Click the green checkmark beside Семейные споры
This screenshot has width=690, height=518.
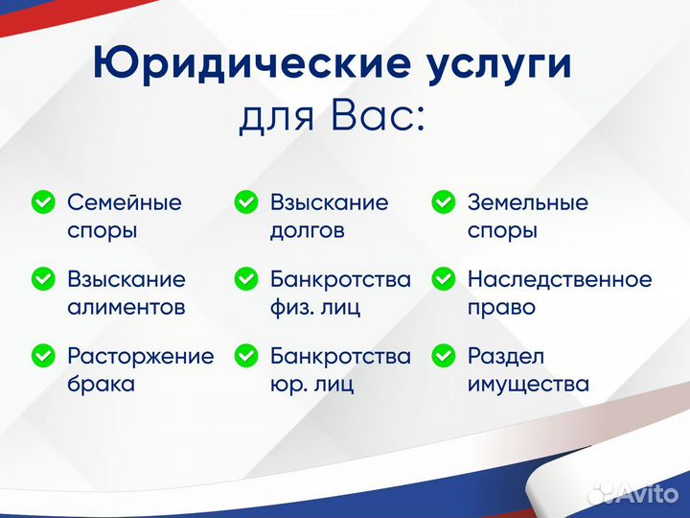43,202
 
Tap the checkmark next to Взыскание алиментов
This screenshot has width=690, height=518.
43,279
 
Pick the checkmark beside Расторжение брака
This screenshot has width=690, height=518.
43,356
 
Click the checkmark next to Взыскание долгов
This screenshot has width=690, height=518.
246,202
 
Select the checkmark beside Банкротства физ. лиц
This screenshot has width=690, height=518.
246,279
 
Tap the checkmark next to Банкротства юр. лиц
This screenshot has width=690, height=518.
246,356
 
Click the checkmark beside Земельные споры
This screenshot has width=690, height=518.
443,202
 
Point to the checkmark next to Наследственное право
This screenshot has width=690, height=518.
443,279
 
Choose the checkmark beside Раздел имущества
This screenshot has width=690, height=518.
443,356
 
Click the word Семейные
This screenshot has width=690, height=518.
124,202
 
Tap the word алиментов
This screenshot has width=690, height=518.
126,308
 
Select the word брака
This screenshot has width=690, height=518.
101,385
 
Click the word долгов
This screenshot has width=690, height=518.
307,231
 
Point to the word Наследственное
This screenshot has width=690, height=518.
559,279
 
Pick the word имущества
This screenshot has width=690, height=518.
527,385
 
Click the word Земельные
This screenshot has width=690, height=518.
527,202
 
